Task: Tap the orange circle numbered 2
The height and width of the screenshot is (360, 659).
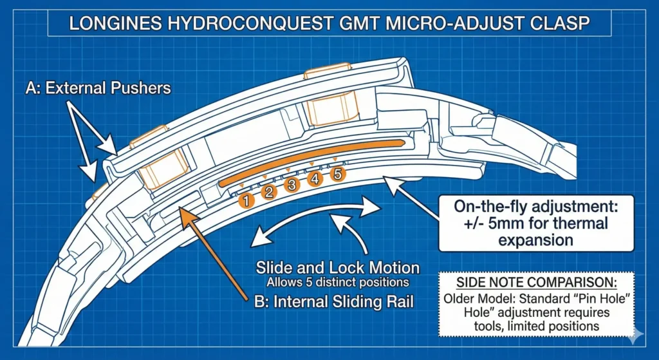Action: click(x=270, y=192)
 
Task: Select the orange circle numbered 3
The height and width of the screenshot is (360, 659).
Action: click(x=292, y=185)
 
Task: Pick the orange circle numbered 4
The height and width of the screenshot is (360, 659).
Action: click(x=315, y=180)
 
